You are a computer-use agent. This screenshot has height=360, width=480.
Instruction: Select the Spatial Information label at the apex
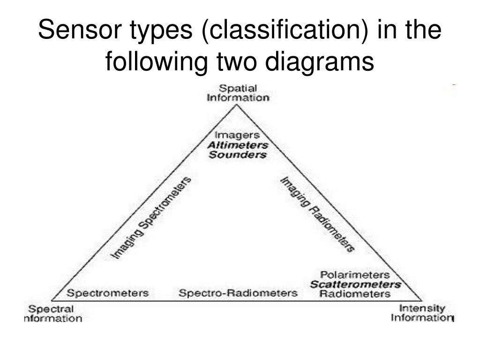(x=238, y=93)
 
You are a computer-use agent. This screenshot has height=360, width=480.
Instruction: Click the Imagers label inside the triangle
(x=238, y=135)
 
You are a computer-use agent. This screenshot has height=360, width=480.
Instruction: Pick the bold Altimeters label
(x=238, y=145)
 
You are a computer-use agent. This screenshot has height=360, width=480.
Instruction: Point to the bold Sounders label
(x=238, y=155)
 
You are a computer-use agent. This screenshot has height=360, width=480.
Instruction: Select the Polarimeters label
(x=355, y=274)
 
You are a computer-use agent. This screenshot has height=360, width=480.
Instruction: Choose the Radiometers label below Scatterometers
(x=355, y=294)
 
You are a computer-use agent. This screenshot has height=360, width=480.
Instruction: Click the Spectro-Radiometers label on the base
(x=238, y=293)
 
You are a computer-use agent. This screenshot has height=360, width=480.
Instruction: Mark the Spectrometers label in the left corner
(x=108, y=293)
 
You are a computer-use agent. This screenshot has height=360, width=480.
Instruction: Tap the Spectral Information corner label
(x=52, y=314)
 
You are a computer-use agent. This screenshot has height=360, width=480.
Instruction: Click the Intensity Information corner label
(x=421, y=313)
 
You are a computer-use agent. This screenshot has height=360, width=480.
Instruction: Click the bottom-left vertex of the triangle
(x=52, y=300)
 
